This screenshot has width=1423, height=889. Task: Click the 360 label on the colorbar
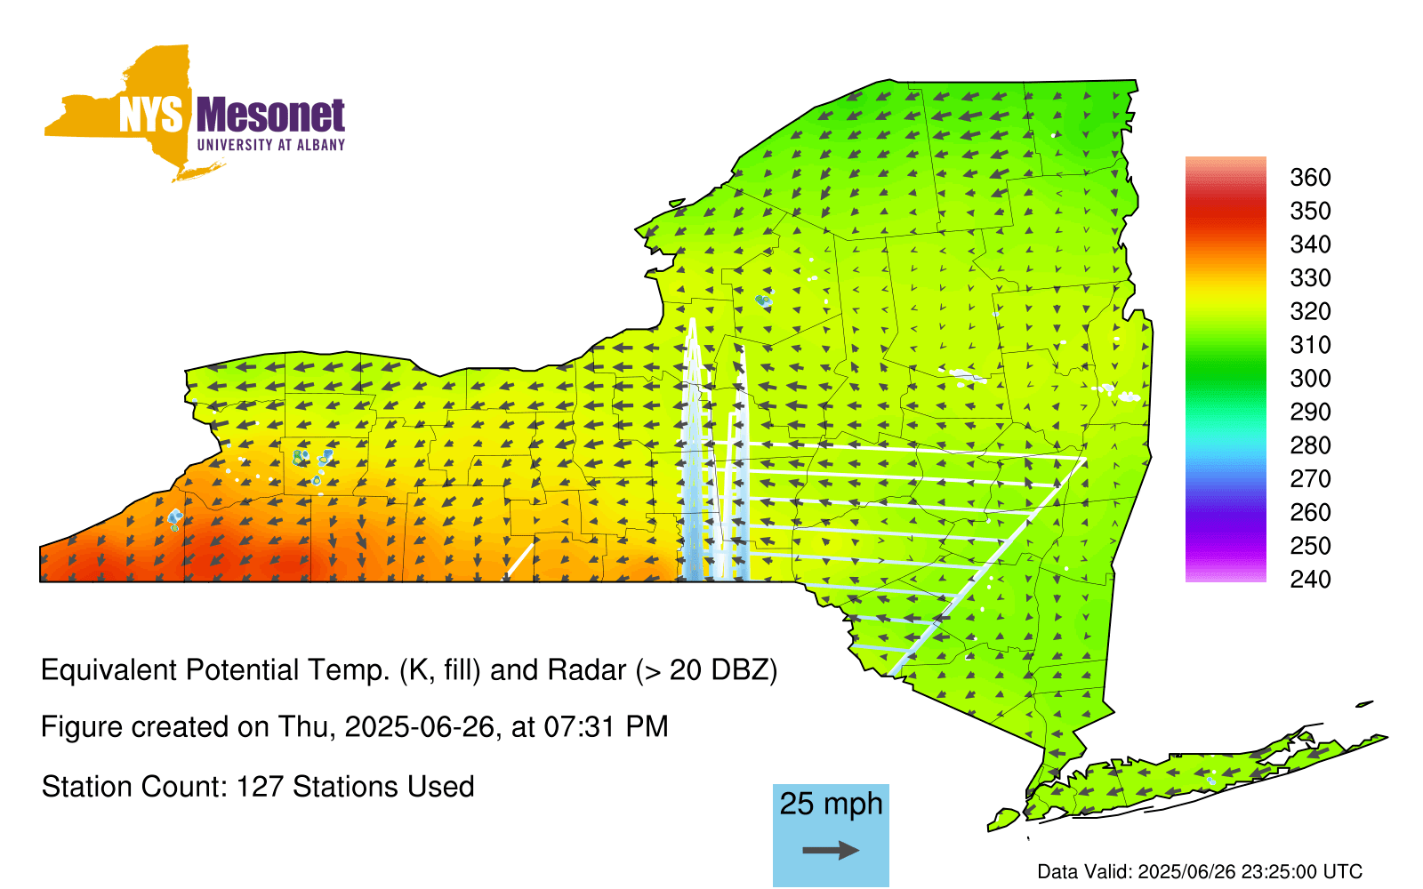[1310, 177]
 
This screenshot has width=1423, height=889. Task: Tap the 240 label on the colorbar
[1310, 579]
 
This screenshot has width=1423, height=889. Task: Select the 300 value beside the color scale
[1310, 379]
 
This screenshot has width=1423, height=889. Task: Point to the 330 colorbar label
[1310, 278]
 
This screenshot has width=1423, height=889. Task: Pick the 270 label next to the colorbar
[1310, 479]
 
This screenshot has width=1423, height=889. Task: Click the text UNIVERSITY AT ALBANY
[271, 145]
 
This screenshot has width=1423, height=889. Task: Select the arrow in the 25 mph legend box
[831, 850]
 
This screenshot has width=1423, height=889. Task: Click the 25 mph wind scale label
[831, 804]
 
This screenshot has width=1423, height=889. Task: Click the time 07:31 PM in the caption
[606, 727]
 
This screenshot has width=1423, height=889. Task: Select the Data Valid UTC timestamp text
[1200, 871]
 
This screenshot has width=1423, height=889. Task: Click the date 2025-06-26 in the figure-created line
[419, 727]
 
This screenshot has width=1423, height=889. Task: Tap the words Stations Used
[383, 787]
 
